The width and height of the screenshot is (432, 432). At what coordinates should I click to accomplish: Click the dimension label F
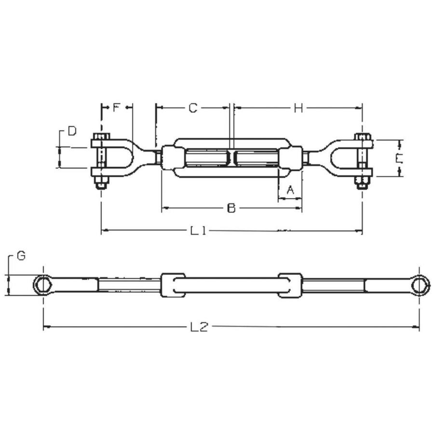[117, 108]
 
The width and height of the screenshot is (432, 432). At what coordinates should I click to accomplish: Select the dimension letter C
[193, 108]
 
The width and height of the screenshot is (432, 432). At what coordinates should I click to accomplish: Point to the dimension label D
[72, 131]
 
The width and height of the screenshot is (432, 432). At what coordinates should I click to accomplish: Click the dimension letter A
[290, 190]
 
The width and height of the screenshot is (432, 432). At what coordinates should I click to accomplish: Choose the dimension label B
[232, 208]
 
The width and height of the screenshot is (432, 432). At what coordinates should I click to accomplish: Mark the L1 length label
[198, 231]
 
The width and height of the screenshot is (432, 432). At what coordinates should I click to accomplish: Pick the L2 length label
[199, 327]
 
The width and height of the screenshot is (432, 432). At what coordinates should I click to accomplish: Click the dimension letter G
[21, 256]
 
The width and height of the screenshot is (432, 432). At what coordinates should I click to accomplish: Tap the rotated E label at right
[399, 159]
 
